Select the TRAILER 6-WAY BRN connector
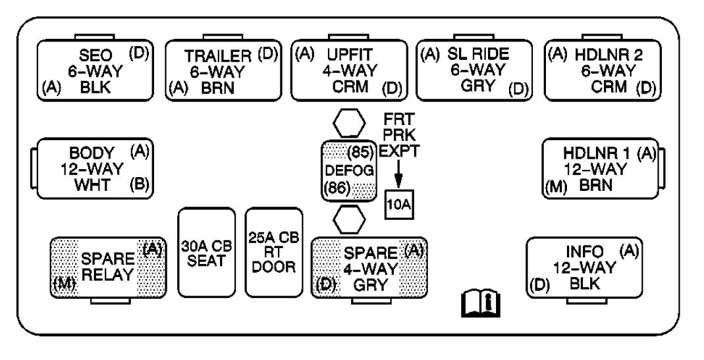click(x=223, y=70)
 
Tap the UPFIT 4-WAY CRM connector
click(x=349, y=70)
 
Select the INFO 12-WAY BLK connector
click(x=585, y=268)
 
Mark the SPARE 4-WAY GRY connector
click(x=369, y=269)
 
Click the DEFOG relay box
click(x=348, y=170)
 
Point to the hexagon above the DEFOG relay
click(x=349, y=124)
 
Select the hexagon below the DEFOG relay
click(x=349, y=219)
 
